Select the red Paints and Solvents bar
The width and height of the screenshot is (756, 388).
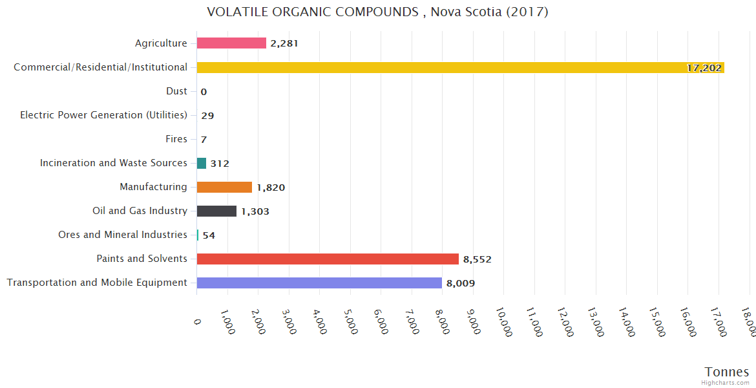coord(328,259)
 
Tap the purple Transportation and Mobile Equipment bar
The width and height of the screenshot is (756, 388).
coord(319,283)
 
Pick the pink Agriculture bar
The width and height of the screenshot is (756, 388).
coord(231,43)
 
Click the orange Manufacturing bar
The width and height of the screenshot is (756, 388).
coord(224,187)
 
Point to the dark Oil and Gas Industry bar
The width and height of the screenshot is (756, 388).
coord(216,211)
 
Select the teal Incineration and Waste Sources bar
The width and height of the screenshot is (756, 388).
coord(202,163)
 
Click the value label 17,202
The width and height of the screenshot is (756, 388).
coord(704,68)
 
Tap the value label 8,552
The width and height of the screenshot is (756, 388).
coord(477,259)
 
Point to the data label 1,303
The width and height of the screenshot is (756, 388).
coord(255,211)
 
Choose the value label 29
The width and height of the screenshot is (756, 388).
coord(207,116)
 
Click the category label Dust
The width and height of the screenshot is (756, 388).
coord(176,91)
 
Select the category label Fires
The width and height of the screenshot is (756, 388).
coord(176,139)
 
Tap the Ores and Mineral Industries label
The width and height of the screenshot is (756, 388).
coord(123,235)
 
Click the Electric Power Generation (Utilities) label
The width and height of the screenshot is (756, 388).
coord(103,115)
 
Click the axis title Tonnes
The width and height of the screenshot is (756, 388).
coord(727,372)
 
